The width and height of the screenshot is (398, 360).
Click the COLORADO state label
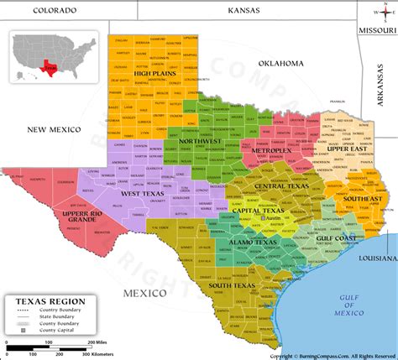pos(55,10)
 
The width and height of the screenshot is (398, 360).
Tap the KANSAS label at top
pos(244,10)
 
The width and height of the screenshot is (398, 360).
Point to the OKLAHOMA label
pos(280,63)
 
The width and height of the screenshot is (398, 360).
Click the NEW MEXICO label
pos(53,129)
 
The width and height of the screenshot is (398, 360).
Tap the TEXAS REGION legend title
pos(41,301)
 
